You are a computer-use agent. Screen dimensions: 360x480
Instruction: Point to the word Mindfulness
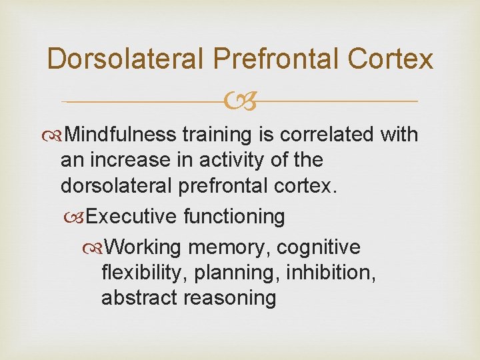tap(122, 135)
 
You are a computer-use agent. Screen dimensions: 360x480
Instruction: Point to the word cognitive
tap(318, 247)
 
